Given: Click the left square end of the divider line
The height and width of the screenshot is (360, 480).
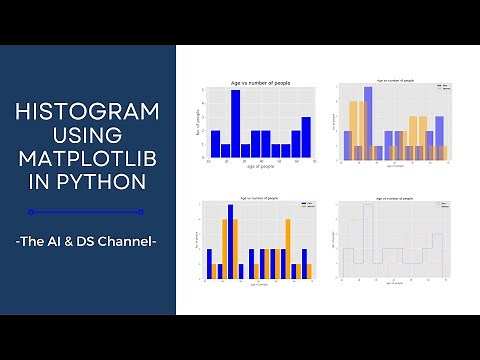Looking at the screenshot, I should click(x=31, y=212).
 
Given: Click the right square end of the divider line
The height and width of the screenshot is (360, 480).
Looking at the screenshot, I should click(x=141, y=212).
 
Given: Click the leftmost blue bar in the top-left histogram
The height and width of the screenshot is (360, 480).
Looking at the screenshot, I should click(x=215, y=144).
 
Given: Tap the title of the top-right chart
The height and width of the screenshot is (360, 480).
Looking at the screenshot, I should click(x=393, y=80).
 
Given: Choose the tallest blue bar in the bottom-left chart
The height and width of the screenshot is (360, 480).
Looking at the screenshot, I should click(x=231, y=241).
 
